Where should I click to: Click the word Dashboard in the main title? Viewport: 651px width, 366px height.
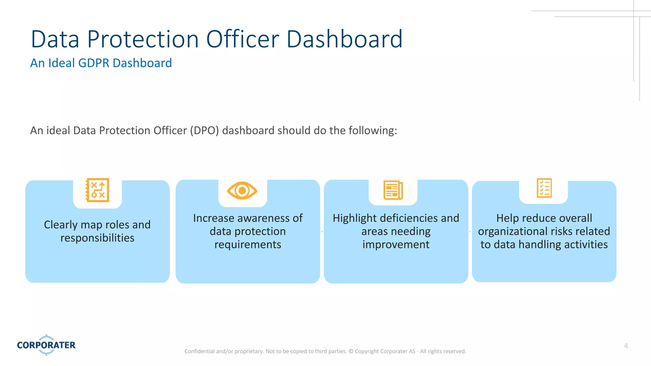pyautogui.click(x=344, y=39)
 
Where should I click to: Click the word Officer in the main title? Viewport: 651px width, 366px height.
pyautogui.click(x=243, y=39)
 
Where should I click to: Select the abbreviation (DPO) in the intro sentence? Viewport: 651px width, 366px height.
pyautogui.click(x=204, y=131)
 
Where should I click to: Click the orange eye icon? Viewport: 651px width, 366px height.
pyautogui.click(x=242, y=191)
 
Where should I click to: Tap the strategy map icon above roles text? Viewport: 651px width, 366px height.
pyautogui.click(x=98, y=190)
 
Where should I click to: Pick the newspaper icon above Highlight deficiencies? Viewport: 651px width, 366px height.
pyautogui.click(x=393, y=190)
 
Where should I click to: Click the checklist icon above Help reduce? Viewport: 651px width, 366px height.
pyautogui.click(x=544, y=188)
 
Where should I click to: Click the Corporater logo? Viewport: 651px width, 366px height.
pyautogui.click(x=46, y=345)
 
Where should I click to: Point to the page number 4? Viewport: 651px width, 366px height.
pyautogui.click(x=626, y=346)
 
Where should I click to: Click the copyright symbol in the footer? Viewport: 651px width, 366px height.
pyautogui.click(x=351, y=351)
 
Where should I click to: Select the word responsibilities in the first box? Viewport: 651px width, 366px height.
pyautogui.click(x=97, y=238)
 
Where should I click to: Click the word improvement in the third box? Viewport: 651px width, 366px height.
pyautogui.click(x=396, y=245)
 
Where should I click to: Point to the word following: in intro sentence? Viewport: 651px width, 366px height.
pyautogui.click(x=373, y=131)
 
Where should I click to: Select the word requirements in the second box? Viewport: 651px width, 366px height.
pyautogui.click(x=248, y=245)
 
